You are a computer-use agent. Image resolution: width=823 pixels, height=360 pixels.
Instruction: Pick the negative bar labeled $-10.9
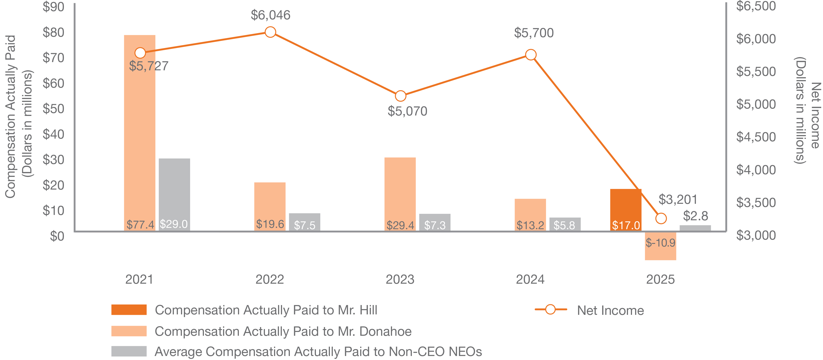point(660,246)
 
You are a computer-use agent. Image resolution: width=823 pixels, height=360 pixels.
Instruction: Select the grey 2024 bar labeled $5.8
point(565,224)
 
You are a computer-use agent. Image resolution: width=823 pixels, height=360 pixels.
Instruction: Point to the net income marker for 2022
point(270,32)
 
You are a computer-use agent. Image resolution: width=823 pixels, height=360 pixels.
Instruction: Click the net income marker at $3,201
point(661,218)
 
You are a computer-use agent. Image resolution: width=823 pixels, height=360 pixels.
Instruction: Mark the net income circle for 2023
point(400,96)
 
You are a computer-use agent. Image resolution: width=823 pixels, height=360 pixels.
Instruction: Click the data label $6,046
point(270,15)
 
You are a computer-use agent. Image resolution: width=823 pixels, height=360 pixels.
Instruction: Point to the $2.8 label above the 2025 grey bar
point(695,216)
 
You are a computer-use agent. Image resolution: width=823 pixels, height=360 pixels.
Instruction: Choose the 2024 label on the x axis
point(530,279)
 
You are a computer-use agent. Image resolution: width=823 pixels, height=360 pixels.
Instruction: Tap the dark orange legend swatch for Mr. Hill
point(129,309)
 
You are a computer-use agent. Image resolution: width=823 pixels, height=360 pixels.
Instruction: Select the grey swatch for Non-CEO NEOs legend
point(129,351)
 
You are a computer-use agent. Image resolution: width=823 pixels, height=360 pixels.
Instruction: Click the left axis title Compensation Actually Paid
point(10,117)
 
